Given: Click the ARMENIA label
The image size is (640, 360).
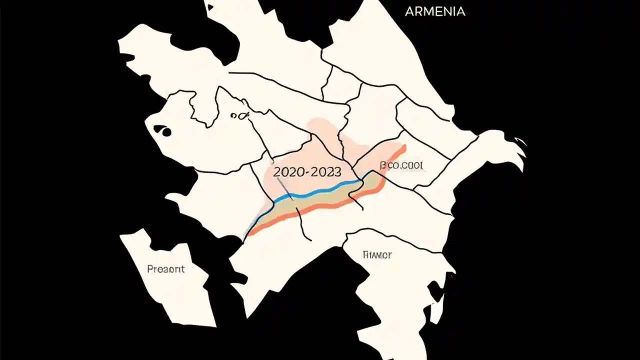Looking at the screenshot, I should click(434, 11).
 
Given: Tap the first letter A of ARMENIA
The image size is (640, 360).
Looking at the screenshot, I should click(408, 11).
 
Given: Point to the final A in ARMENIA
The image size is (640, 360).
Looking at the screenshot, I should click(461, 11).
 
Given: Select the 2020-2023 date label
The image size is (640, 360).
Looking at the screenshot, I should click(307, 172).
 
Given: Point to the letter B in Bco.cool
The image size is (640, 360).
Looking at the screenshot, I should click(383, 165).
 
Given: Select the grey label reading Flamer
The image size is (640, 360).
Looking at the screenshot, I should click(376, 254).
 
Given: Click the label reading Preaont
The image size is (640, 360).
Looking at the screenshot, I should click(166, 269).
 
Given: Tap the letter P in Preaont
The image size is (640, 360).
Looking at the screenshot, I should click(150, 269).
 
